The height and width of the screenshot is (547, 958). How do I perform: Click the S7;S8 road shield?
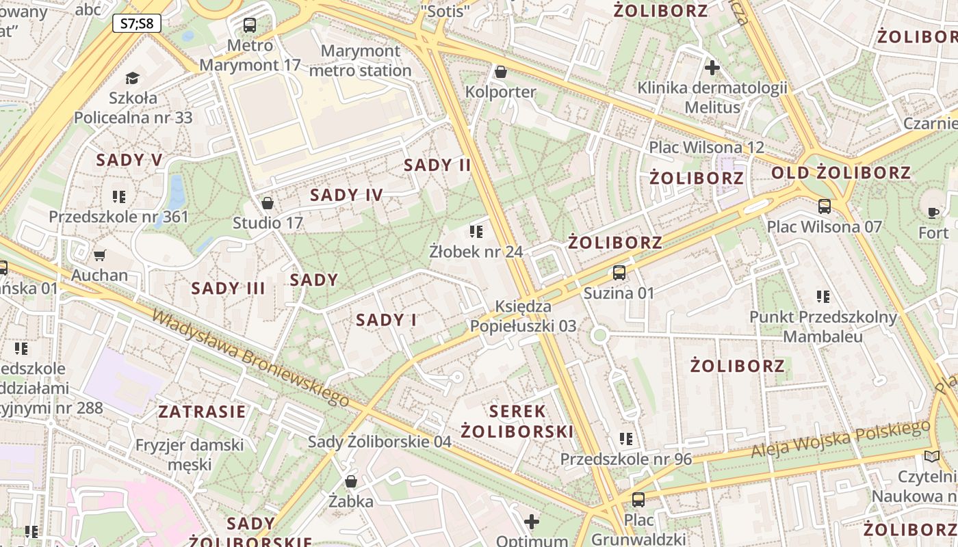tap(137, 23)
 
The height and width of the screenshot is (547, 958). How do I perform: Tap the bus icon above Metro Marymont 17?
tap(250, 25)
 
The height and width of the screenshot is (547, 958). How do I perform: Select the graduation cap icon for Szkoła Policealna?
tap(132, 78)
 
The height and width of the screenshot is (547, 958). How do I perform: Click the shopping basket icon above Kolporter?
tap(501, 72)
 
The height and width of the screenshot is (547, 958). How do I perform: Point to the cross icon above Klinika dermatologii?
tap(712, 68)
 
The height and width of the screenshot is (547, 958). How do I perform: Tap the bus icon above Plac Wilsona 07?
tap(825, 206)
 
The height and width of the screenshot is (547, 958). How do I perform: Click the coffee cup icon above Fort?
tap(933, 213)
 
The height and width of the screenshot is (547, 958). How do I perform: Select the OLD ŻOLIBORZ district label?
tap(841, 173)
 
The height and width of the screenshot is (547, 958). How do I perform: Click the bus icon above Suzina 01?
tap(619, 273)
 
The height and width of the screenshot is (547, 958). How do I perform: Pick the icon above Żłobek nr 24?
tap(476, 231)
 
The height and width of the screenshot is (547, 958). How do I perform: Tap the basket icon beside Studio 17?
tap(268, 203)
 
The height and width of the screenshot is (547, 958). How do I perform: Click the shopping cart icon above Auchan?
tap(100, 255)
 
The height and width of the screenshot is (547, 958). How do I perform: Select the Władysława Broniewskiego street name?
tap(250, 357)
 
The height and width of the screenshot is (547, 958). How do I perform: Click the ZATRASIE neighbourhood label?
tap(202, 412)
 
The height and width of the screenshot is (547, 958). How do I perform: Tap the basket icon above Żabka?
tap(351, 481)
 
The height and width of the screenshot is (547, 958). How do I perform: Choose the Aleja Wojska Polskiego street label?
tap(840, 440)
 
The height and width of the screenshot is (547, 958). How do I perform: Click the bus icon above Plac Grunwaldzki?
tap(638, 499)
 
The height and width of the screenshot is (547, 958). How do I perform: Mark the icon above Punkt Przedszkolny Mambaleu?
tap(823, 297)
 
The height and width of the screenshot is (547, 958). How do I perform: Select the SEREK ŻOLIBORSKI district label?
tap(517, 421)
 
